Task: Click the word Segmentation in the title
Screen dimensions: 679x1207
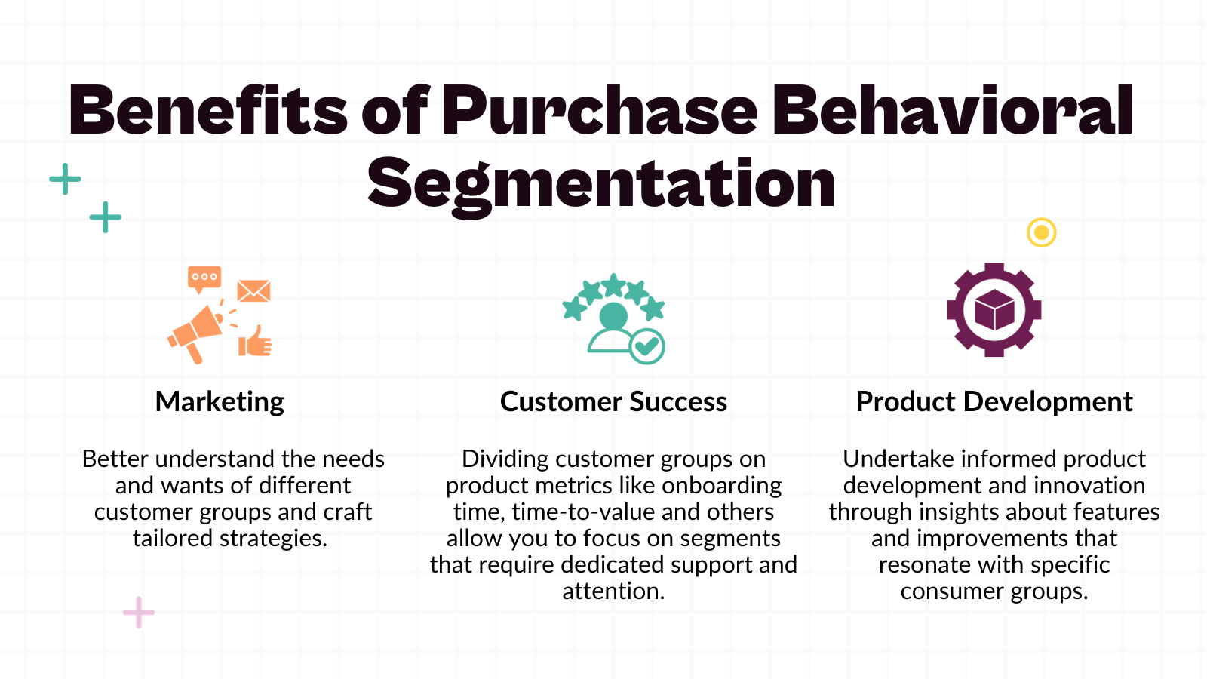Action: coord(601,184)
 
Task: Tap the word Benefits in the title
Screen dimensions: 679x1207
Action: coord(208,111)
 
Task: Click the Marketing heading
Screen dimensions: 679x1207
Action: coord(220,401)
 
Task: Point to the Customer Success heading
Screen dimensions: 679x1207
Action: coord(613,401)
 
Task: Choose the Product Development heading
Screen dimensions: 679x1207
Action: coord(994,401)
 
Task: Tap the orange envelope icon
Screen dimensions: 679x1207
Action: coord(253,291)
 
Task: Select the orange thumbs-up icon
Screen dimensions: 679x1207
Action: coord(255,342)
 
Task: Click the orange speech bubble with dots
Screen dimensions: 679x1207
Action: coord(204,278)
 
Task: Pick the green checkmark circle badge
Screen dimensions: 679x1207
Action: coord(646,346)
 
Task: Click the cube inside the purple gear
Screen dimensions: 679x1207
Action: coord(994,310)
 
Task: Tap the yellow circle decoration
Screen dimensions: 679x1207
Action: coord(1041,232)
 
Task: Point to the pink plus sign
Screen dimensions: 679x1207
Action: coord(139,612)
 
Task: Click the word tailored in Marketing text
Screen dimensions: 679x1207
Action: coord(173,539)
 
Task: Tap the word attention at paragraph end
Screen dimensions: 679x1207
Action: coord(612,591)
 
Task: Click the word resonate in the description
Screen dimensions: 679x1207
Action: coord(924,565)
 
